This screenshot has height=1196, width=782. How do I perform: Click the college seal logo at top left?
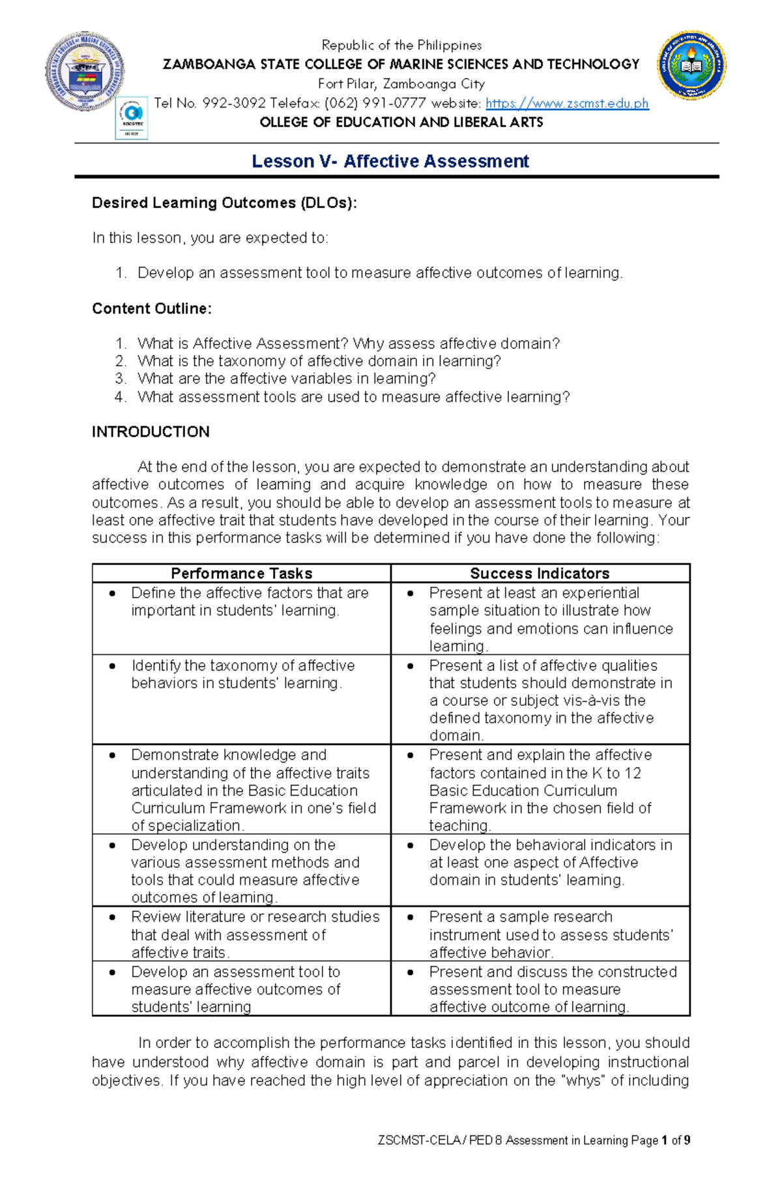84,70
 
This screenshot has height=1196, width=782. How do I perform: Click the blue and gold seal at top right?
691,65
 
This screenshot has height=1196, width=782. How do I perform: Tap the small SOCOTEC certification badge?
132,118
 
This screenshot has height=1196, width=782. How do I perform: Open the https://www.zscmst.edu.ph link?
567,103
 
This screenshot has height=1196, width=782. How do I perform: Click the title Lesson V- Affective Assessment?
390,161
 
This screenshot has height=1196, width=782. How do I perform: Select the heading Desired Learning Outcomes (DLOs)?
224,203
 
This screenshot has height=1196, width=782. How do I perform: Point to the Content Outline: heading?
151,308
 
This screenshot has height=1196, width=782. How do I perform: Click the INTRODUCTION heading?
151,431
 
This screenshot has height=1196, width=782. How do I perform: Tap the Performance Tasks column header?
241,573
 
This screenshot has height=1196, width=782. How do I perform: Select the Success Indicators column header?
540,573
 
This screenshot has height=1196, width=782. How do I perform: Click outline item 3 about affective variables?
286,379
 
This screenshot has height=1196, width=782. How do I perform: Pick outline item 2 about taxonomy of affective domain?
319,361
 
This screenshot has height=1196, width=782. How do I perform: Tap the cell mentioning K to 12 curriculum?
540,790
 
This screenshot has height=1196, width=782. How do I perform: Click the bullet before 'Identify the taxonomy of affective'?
113,665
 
